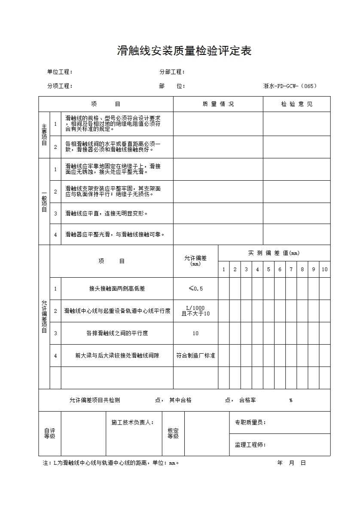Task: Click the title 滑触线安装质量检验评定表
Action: (184, 51)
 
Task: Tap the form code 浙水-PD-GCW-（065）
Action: (290, 86)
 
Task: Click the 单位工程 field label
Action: (60, 72)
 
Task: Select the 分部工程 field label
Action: (172, 72)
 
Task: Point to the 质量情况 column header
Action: (218, 104)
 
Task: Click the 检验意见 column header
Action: (297, 104)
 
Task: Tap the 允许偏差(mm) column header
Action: (195, 261)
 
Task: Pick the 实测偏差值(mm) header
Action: (274, 253)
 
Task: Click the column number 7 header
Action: (291, 270)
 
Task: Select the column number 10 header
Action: (325, 270)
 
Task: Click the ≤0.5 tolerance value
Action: (195, 289)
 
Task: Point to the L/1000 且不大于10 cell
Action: (195, 311)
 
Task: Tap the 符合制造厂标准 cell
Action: (195, 356)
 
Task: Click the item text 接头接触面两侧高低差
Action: (117, 289)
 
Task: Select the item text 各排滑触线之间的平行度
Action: (117, 333)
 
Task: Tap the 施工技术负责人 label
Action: (132, 423)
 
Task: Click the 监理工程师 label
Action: (250, 445)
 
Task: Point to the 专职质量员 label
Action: (250, 423)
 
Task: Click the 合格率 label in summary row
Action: (247, 400)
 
